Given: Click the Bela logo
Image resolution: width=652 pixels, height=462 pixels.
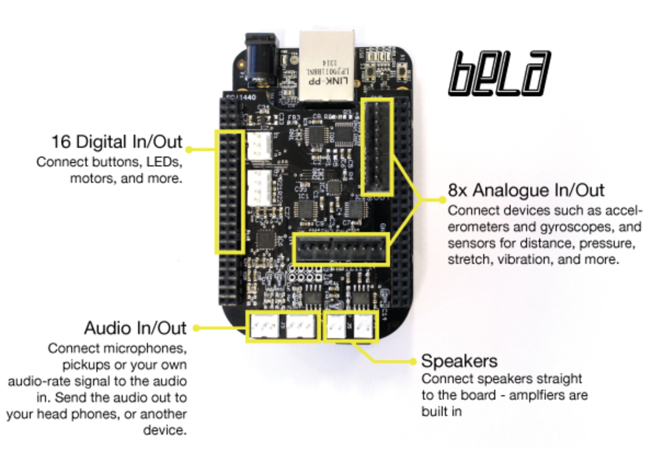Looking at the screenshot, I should pos(499,73).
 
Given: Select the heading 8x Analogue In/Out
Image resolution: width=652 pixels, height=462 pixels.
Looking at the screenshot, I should pos(526,190).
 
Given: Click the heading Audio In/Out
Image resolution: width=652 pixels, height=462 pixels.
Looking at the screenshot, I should pos(135,328).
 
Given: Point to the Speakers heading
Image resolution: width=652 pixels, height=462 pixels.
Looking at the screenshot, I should pos(459,361).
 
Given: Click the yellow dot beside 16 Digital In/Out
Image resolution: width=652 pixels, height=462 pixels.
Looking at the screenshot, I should pos(190,148).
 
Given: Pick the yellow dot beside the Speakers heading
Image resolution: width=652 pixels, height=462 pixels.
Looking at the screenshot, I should pos(413,361).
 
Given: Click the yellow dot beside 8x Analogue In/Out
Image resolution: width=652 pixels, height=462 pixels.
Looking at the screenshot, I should pos(439,198).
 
